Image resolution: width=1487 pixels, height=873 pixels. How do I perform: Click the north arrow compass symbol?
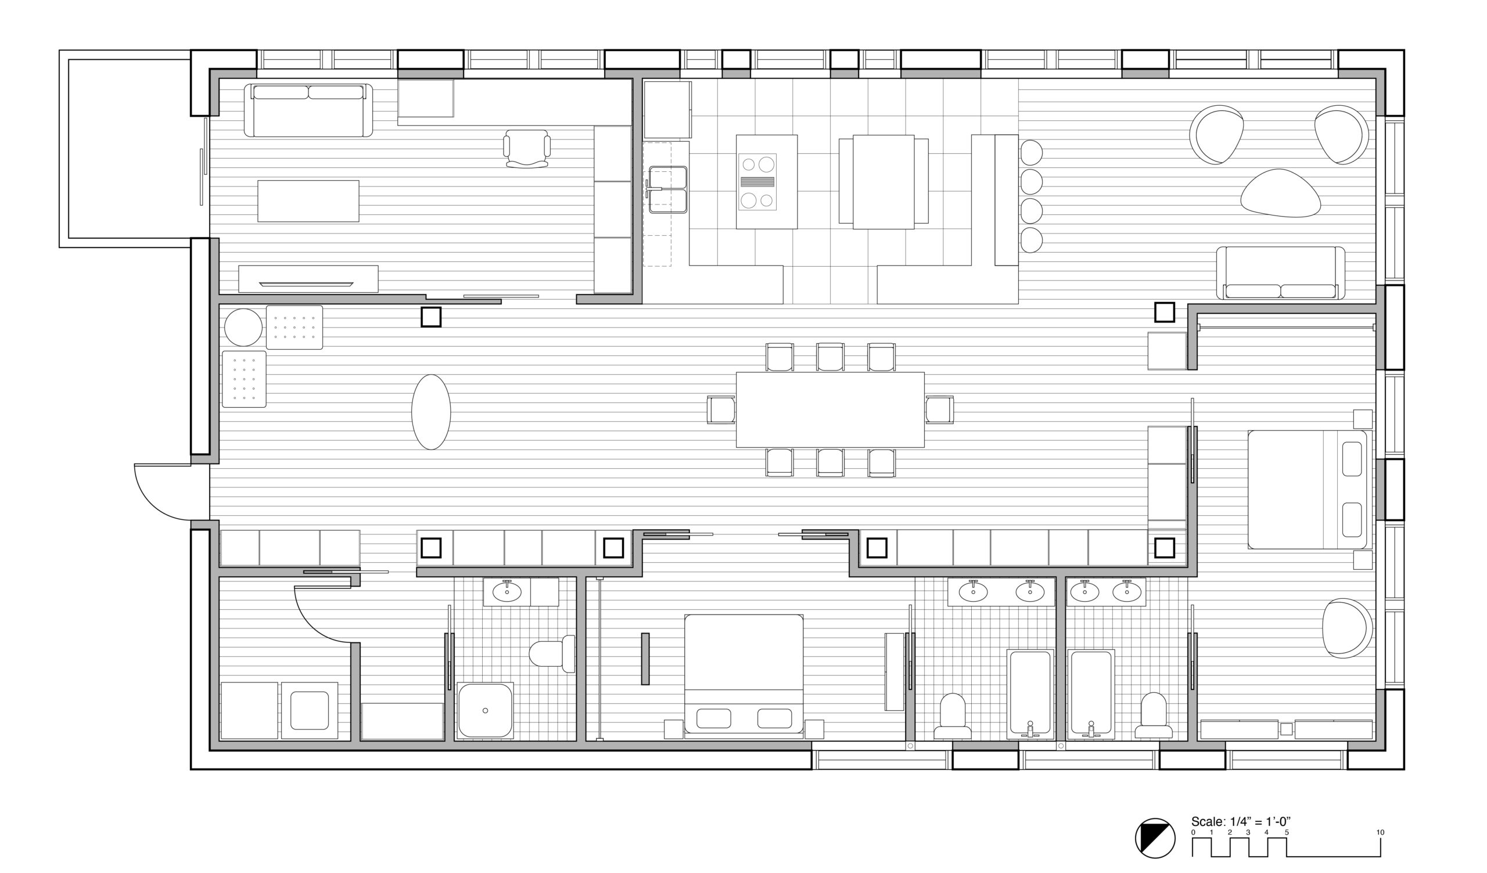click(1155, 838)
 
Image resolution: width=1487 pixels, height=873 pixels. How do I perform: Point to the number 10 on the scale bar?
click(1380, 832)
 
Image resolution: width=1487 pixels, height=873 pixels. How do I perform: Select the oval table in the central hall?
click(431, 412)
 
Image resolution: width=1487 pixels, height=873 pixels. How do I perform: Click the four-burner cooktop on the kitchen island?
click(757, 182)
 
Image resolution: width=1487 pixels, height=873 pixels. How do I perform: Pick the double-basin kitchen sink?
click(667, 189)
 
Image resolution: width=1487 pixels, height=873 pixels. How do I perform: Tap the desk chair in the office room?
click(527, 149)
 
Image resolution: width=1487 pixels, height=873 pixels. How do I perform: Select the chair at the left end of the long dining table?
click(721, 410)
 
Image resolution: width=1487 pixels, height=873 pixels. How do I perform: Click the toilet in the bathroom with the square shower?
click(552, 653)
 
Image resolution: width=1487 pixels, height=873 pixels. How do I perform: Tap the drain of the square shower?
click(485, 711)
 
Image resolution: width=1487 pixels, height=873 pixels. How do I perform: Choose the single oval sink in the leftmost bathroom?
click(507, 591)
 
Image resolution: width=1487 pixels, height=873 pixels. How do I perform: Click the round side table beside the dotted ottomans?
click(243, 327)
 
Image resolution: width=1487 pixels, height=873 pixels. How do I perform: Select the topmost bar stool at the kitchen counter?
click(1031, 152)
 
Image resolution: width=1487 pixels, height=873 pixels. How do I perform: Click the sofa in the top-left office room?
click(308, 110)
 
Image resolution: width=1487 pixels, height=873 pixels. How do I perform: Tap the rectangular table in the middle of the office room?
click(308, 201)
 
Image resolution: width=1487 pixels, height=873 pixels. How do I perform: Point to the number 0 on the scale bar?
click(1193, 832)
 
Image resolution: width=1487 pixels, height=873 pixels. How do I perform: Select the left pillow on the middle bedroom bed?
click(713, 718)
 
